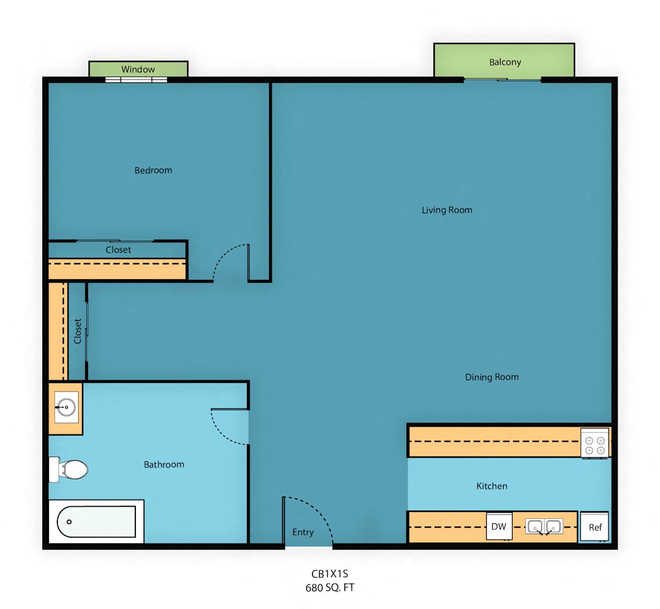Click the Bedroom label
(x=153, y=170)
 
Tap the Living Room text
(x=447, y=210)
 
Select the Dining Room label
(x=492, y=377)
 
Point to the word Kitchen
(x=492, y=486)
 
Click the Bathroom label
(x=164, y=464)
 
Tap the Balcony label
(x=505, y=62)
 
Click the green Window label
(x=138, y=69)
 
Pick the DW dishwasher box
(x=499, y=526)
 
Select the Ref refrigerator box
(x=595, y=527)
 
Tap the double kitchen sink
(x=544, y=526)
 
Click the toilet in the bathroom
(x=68, y=469)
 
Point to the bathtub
(x=96, y=522)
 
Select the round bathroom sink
(x=67, y=407)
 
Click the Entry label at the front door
(x=302, y=532)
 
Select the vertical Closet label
(x=78, y=331)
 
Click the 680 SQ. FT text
(x=329, y=588)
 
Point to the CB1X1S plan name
(x=329, y=574)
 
